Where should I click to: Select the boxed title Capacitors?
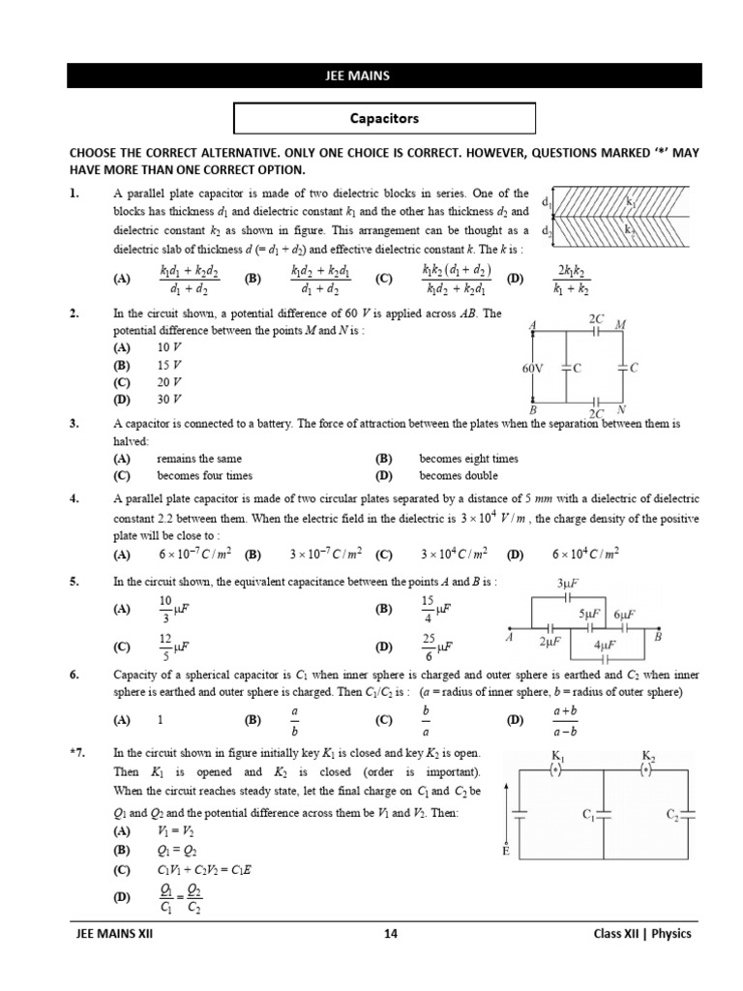pyautogui.click(x=384, y=119)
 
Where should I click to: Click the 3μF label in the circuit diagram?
pyautogui.click(x=567, y=584)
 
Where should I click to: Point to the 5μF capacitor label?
pyautogui.click(x=589, y=615)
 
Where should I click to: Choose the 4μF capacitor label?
pyautogui.click(x=605, y=646)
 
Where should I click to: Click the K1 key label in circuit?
pyautogui.click(x=558, y=754)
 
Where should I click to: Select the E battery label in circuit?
pyautogui.click(x=505, y=851)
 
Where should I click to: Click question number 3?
pyautogui.click(x=74, y=424)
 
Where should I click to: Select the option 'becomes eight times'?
pyautogui.click(x=468, y=459)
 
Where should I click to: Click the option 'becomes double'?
pyautogui.click(x=459, y=476)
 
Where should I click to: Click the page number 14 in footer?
pyautogui.click(x=389, y=934)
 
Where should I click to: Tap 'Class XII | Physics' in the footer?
pyautogui.click(x=642, y=934)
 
